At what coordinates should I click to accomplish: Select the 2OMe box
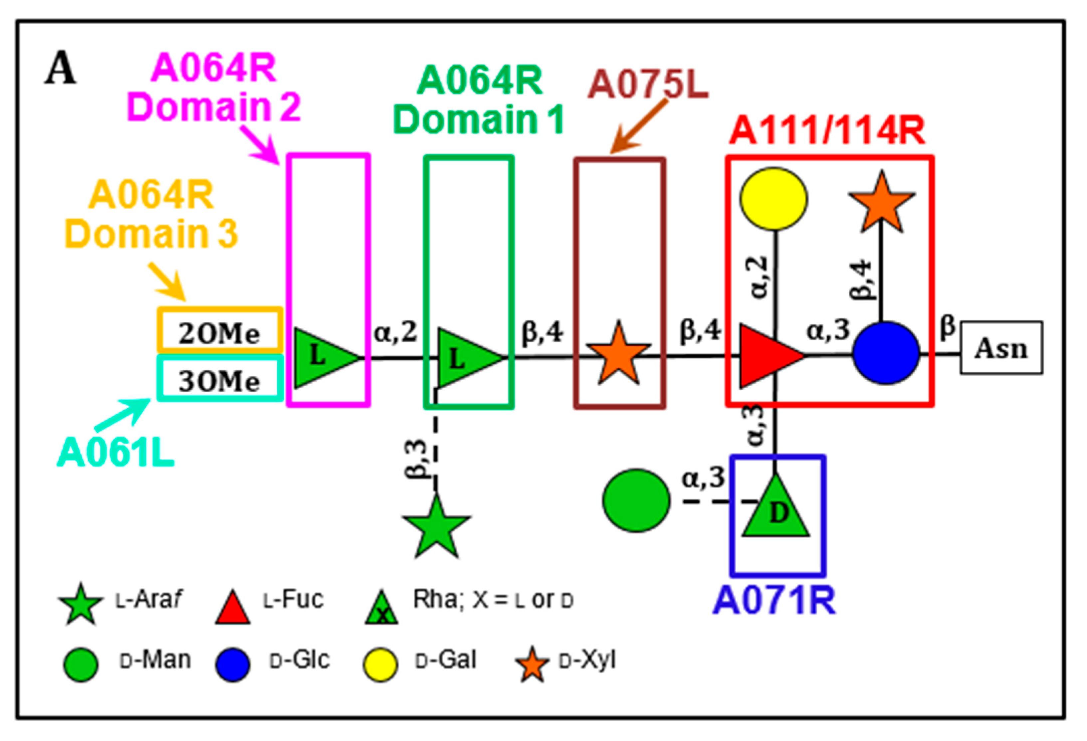[x=219, y=330]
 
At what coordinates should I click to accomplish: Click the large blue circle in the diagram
[x=885, y=353]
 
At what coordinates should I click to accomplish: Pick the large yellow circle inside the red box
[x=773, y=199]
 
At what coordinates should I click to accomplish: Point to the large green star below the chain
[x=436, y=528]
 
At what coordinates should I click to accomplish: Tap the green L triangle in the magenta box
[x=323, y=358]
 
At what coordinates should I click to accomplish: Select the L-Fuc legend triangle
[x=232, y=610]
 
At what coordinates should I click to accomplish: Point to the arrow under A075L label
[x=638, y=126]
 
